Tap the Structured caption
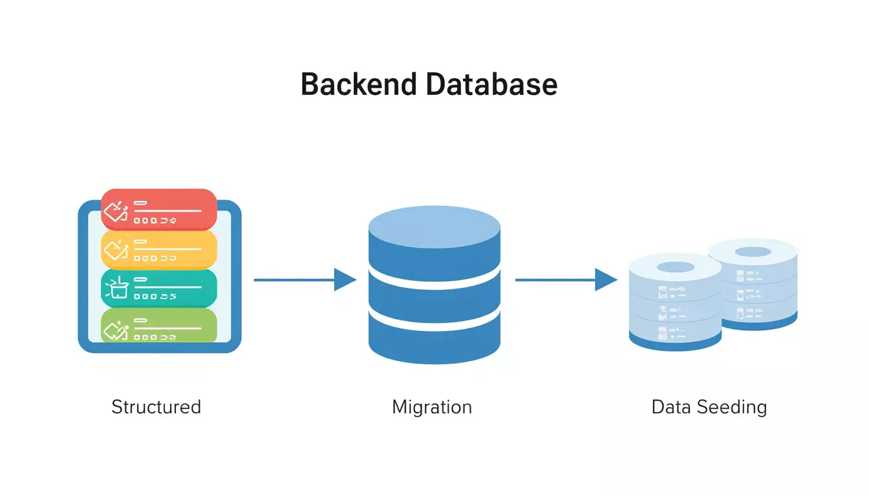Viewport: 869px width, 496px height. pyautogui.click(x=156, y=407)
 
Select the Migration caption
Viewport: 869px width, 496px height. pyautogui.click(x=432, y=407)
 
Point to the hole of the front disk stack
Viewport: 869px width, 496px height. pyautogui.click(x=675, y=267)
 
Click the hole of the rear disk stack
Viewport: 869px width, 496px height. pyautogui.click(x=753, y=252)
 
